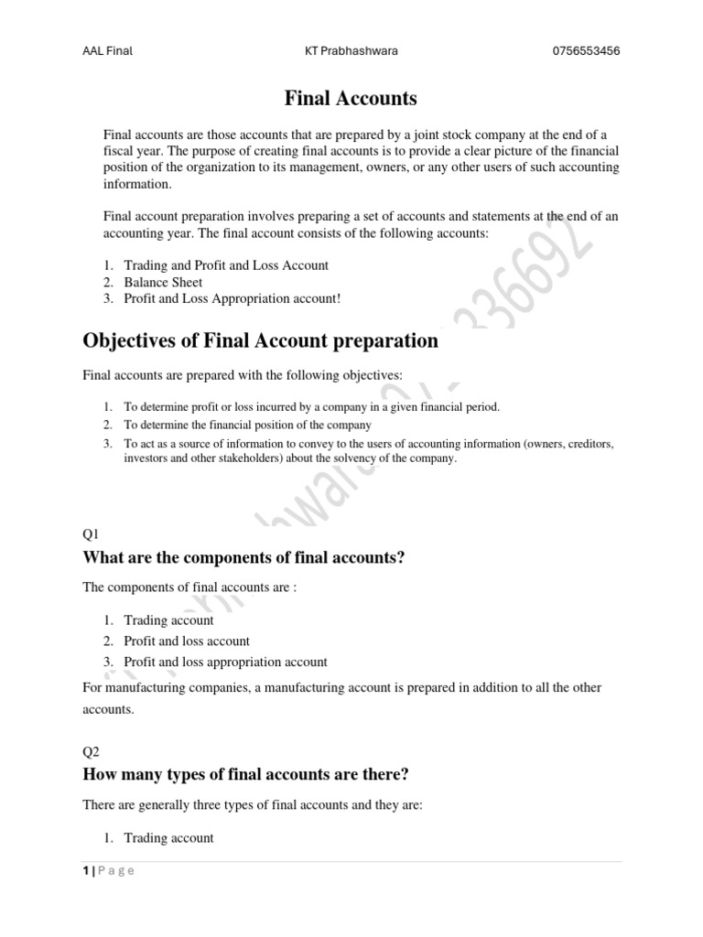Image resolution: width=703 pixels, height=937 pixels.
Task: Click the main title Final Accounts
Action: (351, 97)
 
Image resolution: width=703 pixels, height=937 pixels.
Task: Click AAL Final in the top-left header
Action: (107, 51)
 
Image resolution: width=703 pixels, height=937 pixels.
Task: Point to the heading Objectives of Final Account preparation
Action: (260, 341)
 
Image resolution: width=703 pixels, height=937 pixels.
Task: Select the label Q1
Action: (91, 533)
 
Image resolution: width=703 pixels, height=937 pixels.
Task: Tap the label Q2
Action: (91, 751)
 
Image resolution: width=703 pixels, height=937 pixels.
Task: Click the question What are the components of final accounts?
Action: (243, 557)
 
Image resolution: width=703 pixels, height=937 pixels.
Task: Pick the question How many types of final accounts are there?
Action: (245, 775)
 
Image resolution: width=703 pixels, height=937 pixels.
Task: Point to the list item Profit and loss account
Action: (187, 641)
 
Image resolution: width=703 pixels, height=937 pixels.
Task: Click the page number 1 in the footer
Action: (86, 870)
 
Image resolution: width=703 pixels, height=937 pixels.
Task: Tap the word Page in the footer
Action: (118, 870)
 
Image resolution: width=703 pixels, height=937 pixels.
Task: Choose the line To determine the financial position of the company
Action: (247, 425)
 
